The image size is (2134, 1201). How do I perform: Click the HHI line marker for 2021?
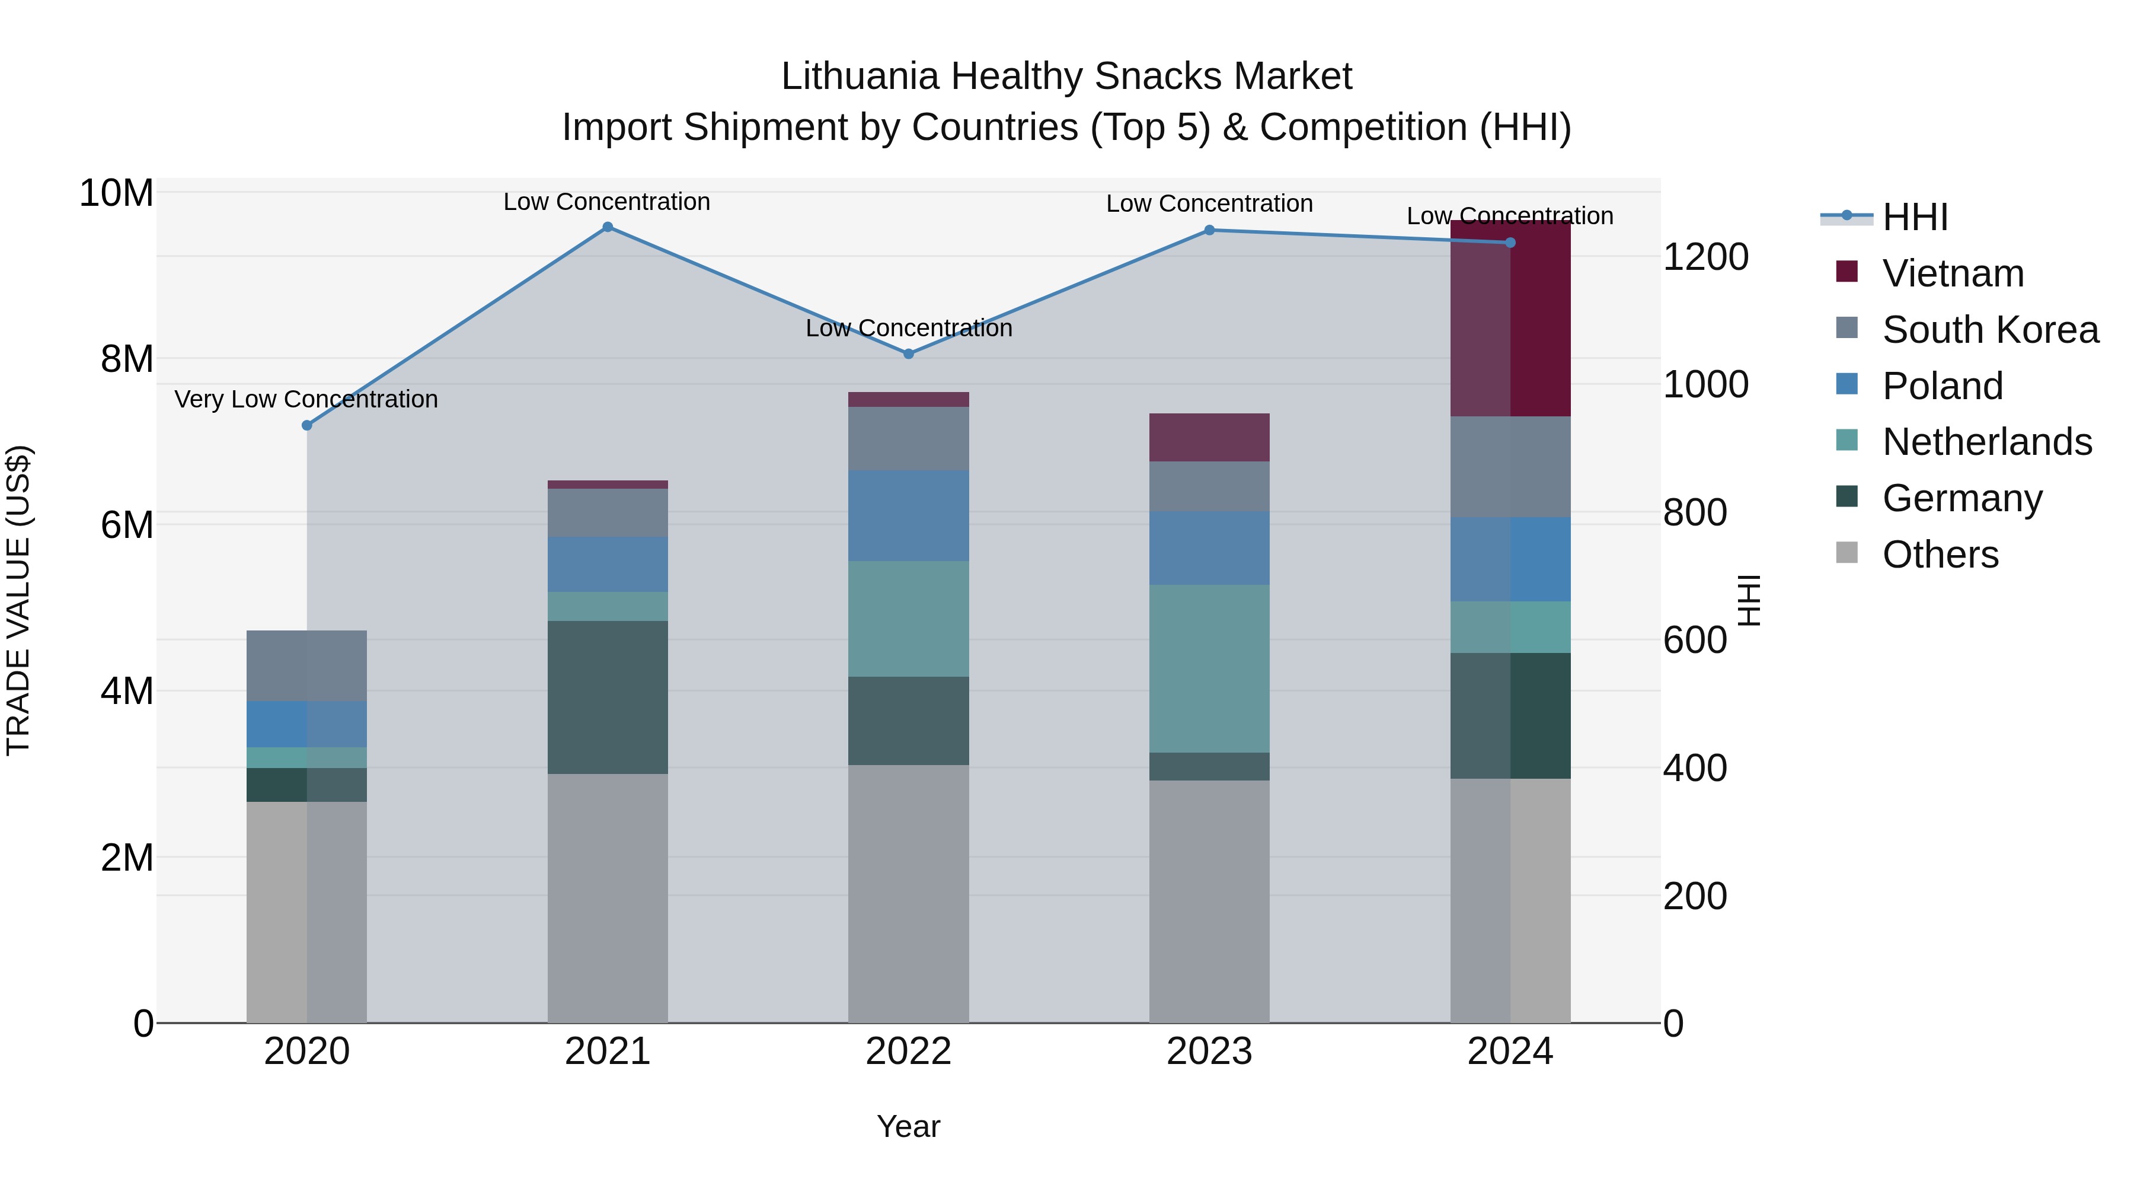coord(607,227)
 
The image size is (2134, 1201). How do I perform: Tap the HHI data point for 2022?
coord(908,354)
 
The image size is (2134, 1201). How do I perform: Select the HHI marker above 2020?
coord(306,425)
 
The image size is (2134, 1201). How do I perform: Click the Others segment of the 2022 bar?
coord(908,894)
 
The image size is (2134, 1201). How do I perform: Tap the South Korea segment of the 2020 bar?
coord(306,665)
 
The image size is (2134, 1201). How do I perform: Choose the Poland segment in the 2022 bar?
coord(908,515)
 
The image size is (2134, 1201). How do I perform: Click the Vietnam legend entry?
coord(1952,273)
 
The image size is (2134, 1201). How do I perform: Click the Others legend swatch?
coord(1847,553)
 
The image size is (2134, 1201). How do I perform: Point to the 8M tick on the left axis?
coord(126,359)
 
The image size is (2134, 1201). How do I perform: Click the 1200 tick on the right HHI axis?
coord(1705,257)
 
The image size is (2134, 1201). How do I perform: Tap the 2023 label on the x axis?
coord(1209,1052)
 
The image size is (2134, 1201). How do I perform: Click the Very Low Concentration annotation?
coord(306,400)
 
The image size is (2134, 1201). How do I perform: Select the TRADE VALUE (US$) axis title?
coord(18,600)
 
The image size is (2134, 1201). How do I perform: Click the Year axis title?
coord(908,1126)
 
